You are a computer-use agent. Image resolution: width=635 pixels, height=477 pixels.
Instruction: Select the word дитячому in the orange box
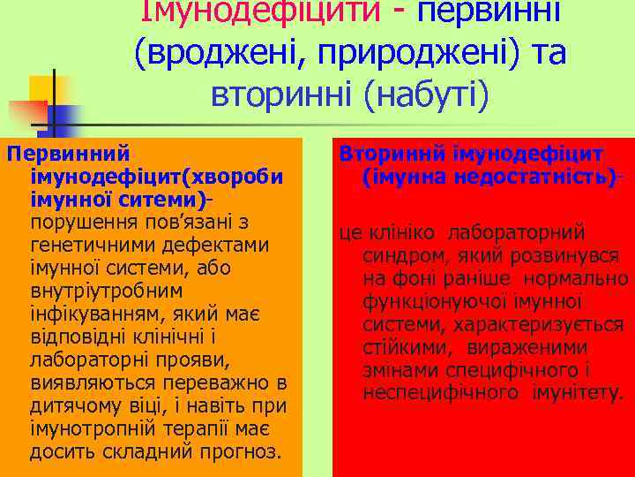[x=76, y=406]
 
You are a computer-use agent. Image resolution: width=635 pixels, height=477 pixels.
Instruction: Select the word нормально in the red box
[x=579, y=279]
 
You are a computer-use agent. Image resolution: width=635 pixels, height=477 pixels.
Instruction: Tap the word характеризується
[x=552, y=325]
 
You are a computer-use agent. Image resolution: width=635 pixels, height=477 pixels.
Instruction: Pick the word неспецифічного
[x=433, y=392]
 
